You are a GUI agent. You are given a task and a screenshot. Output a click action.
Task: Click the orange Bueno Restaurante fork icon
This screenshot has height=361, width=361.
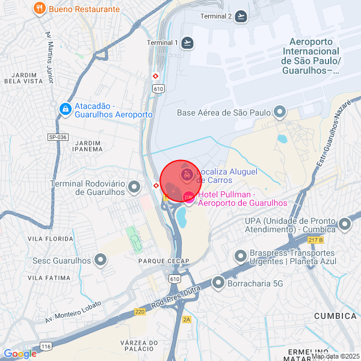click(x=39, y=8)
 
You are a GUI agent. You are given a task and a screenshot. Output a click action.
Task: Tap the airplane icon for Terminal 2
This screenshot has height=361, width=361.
click(x=242, y=16)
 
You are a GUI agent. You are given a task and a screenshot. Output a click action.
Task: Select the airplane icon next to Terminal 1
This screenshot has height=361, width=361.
click(x=188, y=42)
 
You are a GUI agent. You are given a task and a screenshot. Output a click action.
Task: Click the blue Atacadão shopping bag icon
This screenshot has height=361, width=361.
click(x=65, y=109)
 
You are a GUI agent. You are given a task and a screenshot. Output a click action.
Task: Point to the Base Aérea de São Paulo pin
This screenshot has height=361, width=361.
click(x=279, y=112)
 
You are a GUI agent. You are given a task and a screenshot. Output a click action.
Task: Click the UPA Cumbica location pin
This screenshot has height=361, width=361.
click(x=345, y=224)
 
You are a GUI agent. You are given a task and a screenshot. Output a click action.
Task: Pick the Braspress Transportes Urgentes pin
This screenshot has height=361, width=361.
click(x=241, y=258)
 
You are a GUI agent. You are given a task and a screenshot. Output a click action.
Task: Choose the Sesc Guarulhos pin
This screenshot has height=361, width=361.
click(x=100, y=261)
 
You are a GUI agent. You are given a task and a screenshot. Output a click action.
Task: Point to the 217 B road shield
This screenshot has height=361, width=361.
click(x=315, y=240)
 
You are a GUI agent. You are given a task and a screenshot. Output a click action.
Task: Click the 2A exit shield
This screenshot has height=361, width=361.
click(x=187, y=319)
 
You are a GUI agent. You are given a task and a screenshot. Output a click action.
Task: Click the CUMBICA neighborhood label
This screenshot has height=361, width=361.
click(x=335, y=316)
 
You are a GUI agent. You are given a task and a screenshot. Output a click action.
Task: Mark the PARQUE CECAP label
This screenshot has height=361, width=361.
click(x=164, y=261)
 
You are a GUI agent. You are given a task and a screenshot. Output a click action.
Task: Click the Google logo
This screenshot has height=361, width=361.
click(x=20, y=354)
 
